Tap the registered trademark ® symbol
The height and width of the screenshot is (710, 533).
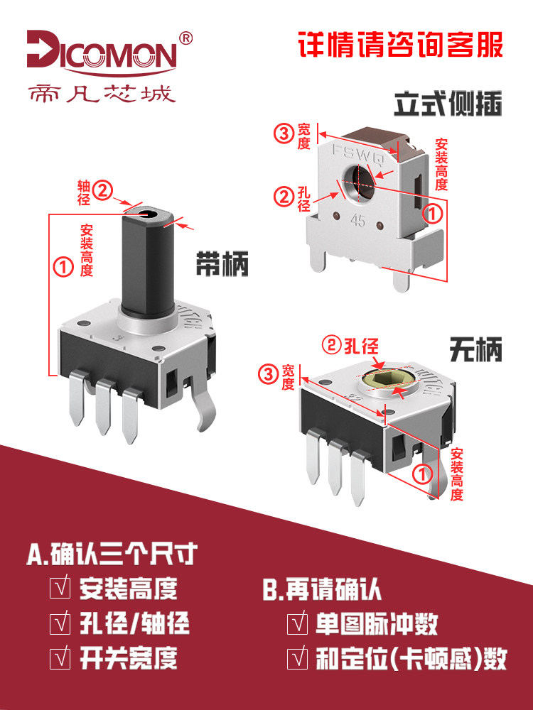point(185,38)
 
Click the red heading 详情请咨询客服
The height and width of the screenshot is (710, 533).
point(401,44)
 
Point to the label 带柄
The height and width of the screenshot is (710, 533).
point(222,263)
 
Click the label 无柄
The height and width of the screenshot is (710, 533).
point(476,349)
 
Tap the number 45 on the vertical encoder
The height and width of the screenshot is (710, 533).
point(357,221)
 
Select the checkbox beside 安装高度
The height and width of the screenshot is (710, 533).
point(60,588)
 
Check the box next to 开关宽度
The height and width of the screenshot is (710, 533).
point(60,658)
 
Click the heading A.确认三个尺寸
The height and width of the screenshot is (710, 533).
point(112,554)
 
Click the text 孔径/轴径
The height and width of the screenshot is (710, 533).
point(134,623)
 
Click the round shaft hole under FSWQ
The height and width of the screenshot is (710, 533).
point(358,182)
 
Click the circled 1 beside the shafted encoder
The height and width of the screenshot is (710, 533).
point(63,267)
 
